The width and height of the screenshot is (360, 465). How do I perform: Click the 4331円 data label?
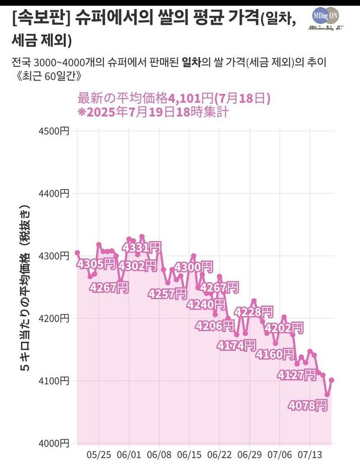(x=142, y=247)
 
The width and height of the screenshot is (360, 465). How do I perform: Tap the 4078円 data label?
(x=307, y=405)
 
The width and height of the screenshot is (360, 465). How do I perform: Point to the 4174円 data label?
(x=236, y=345)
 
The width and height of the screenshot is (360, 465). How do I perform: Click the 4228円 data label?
(x=254, y=312)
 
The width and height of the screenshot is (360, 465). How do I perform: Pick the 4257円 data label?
(x=167, y=294)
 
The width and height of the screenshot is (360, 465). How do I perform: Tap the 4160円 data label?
(x=274, y=354)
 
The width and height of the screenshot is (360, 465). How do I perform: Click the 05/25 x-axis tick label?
(x=100, y=454)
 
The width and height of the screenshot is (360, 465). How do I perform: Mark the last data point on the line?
(x=332, y=380)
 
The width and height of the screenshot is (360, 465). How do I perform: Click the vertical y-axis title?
(x=25, y=287)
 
